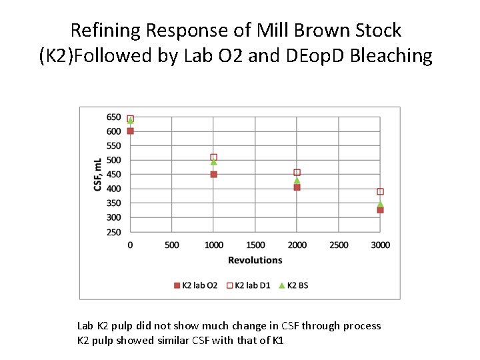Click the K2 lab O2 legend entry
coord(195,285)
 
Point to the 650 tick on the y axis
coord(113,117)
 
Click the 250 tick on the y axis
coord(113,233)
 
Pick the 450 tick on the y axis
coord(113,175)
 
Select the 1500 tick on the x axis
coord(255,245)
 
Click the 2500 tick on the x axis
coord(339,245)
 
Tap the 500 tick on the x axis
coord(172,245)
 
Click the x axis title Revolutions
coord(255,260)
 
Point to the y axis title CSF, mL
coord(97,175)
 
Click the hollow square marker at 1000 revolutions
coord(213,157)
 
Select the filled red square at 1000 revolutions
coord(213,175)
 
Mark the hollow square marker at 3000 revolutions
coord(380,191)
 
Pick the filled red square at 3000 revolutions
coord(380,210)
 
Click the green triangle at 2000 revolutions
coord(297,180)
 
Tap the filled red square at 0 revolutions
coord(131,131)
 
